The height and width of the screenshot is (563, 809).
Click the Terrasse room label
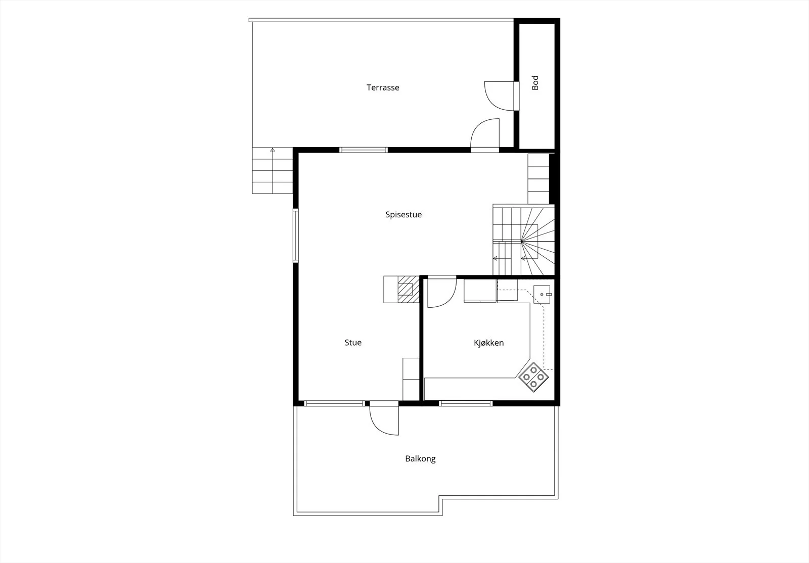coord(383,88)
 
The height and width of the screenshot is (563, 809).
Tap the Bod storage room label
coord(535,83)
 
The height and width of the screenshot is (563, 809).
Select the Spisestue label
coord(403,215)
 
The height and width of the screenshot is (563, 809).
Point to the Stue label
coord(353,343)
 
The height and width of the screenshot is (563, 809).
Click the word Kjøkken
coord(488,343)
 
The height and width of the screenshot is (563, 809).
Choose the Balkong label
coord(420,459)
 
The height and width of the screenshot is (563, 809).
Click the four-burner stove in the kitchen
coord(533,377)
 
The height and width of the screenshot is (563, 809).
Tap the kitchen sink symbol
coord(542,295)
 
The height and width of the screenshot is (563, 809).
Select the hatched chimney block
coord(409,290)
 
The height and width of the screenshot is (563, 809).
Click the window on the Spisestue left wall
coord(295,236)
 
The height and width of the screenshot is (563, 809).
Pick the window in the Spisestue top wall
coord(364,150)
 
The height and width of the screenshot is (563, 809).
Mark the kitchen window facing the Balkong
coord(466,403)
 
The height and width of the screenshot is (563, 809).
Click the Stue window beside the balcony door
coord(334,403)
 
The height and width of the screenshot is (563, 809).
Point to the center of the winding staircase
coord(521,241)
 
